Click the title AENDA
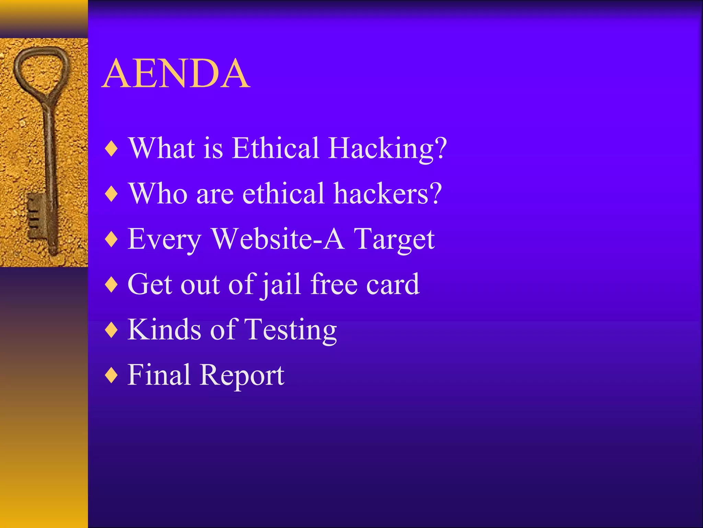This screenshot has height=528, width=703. coord(176,74)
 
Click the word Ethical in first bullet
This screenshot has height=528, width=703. coord(275,148)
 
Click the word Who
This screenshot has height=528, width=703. coord(158,194)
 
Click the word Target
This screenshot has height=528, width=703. coord(394,240)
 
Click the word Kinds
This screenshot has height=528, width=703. coord(164,330)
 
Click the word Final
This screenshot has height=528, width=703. coord(159,375)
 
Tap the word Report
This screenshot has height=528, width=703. coord(242,376)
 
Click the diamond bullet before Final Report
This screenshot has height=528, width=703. coord(112,376)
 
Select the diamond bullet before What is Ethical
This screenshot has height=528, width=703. coord(112,149)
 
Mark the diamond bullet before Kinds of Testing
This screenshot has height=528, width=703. coord(112,330)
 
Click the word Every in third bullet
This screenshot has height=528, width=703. coord(164,240)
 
